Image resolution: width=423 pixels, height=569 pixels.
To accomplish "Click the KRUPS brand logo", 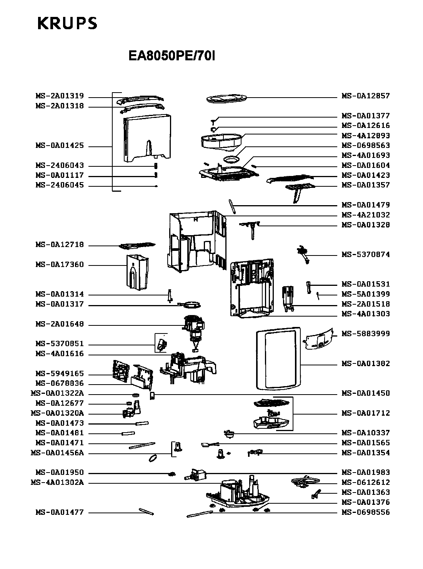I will pyautogui.click(x=67, y=24).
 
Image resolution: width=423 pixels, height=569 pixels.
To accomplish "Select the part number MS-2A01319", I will pyautogui.click(x=60, y=96).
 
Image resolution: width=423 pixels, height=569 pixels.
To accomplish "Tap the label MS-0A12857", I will pyautogui.click(x=366, y=96).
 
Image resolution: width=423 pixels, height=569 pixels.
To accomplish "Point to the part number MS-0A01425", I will pyautogui.click(x=60, y=146).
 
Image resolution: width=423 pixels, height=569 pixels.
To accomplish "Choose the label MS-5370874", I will pyautogui.click(x=366, y=255).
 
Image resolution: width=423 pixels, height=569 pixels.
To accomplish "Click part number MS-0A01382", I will pyautogui.click(x=366, y=363).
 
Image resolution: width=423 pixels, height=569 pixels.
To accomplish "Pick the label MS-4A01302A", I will pyautogui.click(x=57, y=483).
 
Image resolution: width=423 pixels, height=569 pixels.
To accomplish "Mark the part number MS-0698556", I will pyautogui.click(x=366, y=512).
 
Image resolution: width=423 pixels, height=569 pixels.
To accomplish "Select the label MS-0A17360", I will pyautogui.click(x=60, y=265).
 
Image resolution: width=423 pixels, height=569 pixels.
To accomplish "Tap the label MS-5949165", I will pyautogui.click(x=60, y=374).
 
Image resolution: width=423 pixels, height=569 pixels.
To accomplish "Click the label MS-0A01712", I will pyautogui.click(x=366, y=413).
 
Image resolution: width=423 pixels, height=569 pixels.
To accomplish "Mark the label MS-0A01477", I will pyautogui.click(x=60, y=512).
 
